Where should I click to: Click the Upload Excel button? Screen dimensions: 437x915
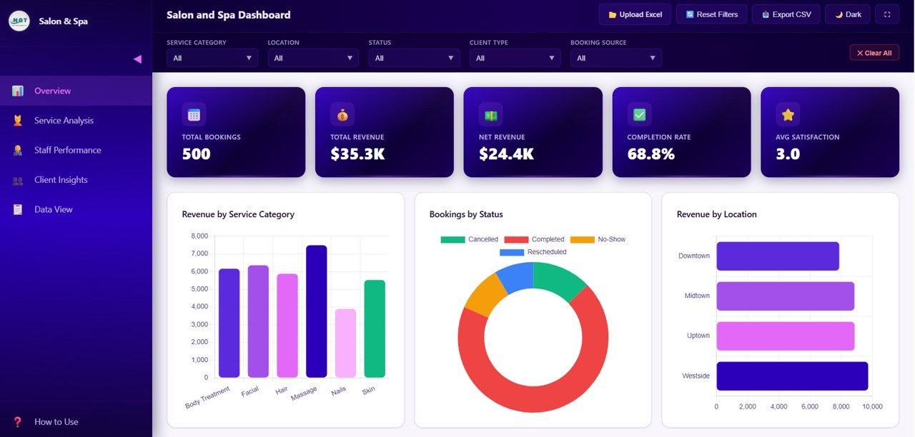pyautogui.click(x=635, y=14)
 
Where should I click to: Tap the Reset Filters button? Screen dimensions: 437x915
pyautogui.click(x=711, y=14)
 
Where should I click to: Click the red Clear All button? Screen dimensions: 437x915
pyautogui.click(x=874, y=53)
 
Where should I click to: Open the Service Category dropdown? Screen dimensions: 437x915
pyautogui.click(x=212, y=58)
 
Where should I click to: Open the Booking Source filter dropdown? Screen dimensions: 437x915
pyautogui.click(x=615, y=58)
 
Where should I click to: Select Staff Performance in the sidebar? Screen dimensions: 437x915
pyautogui.click(x=67, y=150)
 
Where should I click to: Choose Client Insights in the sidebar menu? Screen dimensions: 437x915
pyautogui.click(x=61, y=180)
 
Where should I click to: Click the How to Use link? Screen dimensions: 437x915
pyautogui.click(x=56, y=422)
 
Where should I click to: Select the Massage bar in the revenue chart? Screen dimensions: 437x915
pyautogui.click(x=317, y=311)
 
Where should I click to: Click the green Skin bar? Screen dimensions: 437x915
pyautogui.click(x=375, y=328)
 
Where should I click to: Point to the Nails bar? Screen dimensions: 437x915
pyautogui.click(x=345, y=343)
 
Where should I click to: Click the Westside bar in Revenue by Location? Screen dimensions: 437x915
pyautogui.click(x=792, y=376)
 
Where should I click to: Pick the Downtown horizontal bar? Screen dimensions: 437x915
pyautogui.click(x=778, y=256)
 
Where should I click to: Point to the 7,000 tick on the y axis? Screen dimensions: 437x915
pyautogui.click(x=199, y=253)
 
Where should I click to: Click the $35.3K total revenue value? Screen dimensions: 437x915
pyautogui.click(x=357, y=154)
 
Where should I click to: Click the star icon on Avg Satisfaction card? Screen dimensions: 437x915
pyautogui.click(x=788, y=114)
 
